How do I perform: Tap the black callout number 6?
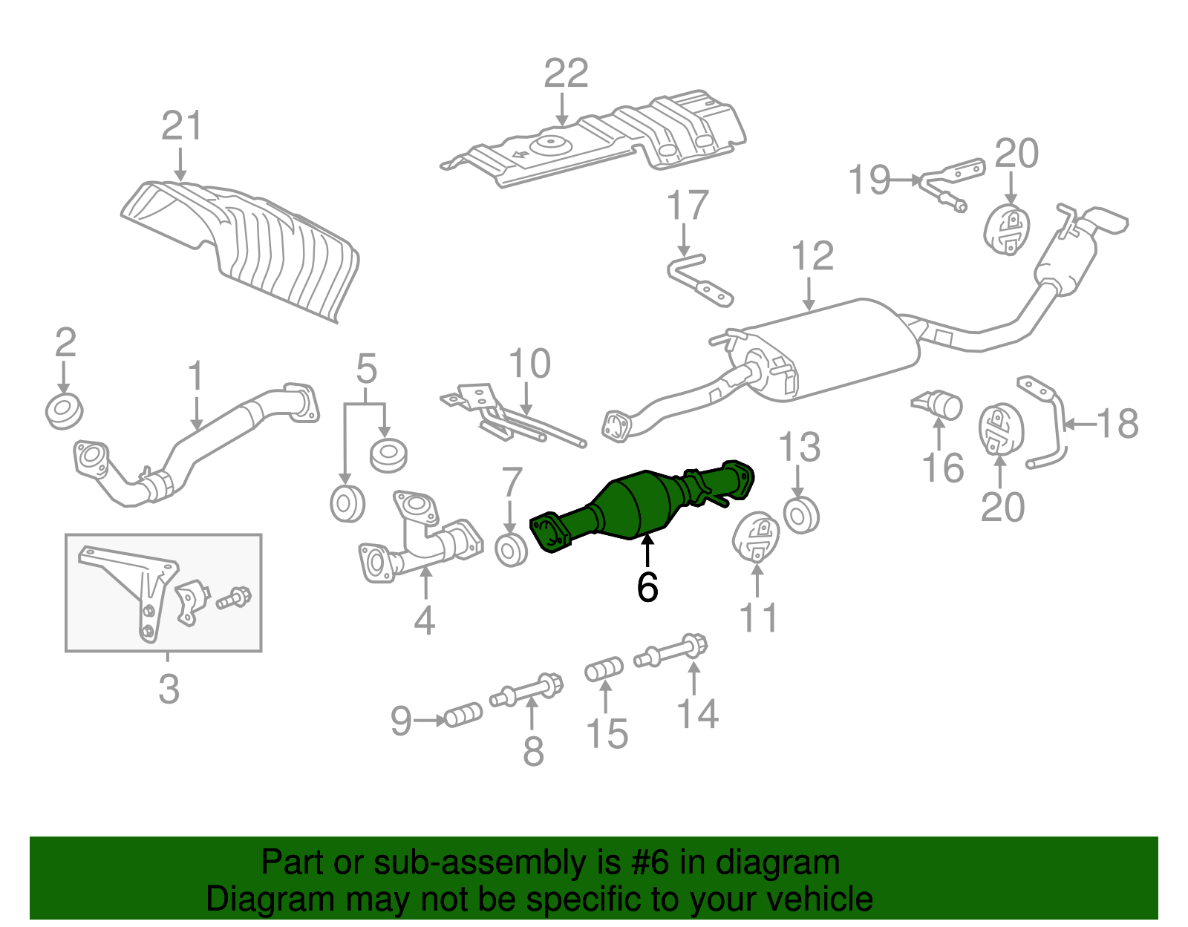point(647,588)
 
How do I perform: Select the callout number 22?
point(566,73)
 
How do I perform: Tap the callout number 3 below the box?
point(169,689)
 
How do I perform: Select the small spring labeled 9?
point(463,716)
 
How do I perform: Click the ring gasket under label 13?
point(800,516)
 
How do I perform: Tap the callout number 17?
point(688,206)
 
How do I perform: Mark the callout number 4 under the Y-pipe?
point(424,620)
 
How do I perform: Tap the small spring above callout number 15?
point(604,669)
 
